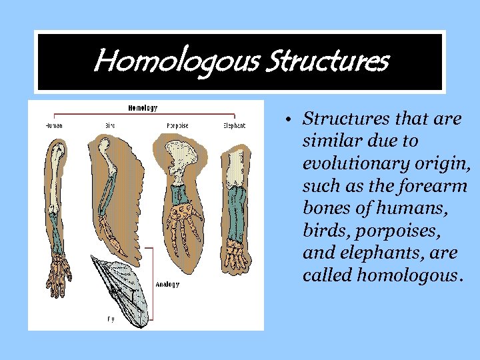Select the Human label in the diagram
click(55, 125)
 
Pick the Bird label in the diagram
click(110, 125)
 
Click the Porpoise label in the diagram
click(177, 125)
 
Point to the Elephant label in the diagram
click(234, 125)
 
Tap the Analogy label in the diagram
click(167, 285)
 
